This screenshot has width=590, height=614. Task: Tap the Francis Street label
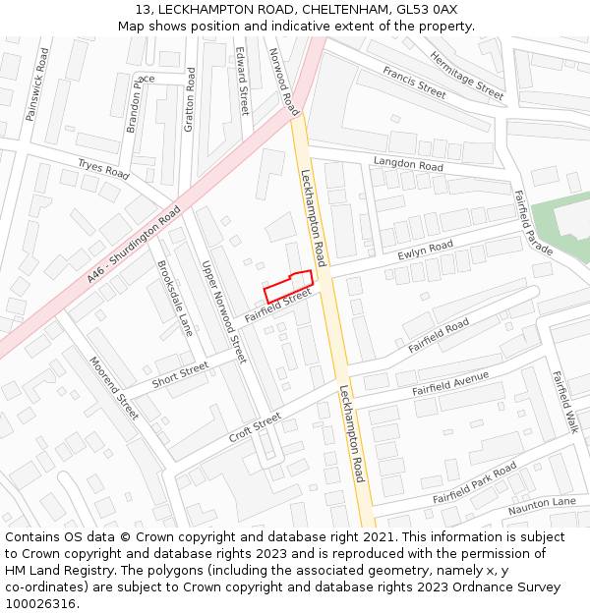tap(414, 82)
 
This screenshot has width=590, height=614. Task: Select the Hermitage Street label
tap(466, 76)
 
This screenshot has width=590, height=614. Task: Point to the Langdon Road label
tap(408, 164)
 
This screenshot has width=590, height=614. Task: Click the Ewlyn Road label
tap(425, 251)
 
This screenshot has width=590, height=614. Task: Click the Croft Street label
tap(255, 427)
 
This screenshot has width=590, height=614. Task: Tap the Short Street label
tap(180, 373)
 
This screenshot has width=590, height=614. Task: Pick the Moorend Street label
tap(114, 388)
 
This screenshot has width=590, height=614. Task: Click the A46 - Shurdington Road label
tap(134, 246)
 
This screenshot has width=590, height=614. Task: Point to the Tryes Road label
tap(103, 168)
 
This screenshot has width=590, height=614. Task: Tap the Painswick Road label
tap(36, 84)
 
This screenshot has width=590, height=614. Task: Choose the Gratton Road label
tap(190, 99)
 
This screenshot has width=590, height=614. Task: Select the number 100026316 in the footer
tap(40, 603)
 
